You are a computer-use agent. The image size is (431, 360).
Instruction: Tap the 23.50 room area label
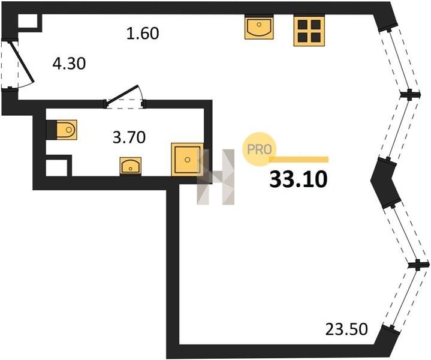tap(345, 329)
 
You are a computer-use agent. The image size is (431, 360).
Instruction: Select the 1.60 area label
tap(142, 34)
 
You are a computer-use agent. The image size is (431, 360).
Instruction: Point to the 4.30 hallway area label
tap(70, 63)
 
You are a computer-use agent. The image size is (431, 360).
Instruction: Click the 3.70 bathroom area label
tap(130, 137)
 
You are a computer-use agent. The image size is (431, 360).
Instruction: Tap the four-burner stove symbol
tap(309, 30)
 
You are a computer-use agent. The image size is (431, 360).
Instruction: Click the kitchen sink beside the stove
tap(259, 27)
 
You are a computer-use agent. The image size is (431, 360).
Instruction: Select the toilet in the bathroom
tap(63, 128)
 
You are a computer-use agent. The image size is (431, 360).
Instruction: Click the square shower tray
tap(188, 159)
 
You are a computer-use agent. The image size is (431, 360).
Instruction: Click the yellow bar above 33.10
tap(299, 160)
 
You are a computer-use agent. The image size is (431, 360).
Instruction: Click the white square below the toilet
tap(58, 165)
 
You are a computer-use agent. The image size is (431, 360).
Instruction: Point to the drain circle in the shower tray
tap(188, 160)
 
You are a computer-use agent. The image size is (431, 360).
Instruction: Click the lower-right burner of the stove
tap(315, 37)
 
